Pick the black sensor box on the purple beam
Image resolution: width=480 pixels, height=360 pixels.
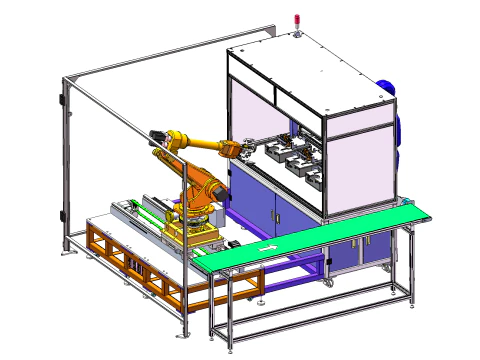tap(231, 244)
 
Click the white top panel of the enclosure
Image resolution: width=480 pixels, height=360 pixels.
tap(310, 55)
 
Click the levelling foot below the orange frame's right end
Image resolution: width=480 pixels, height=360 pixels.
tap(259, 299)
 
